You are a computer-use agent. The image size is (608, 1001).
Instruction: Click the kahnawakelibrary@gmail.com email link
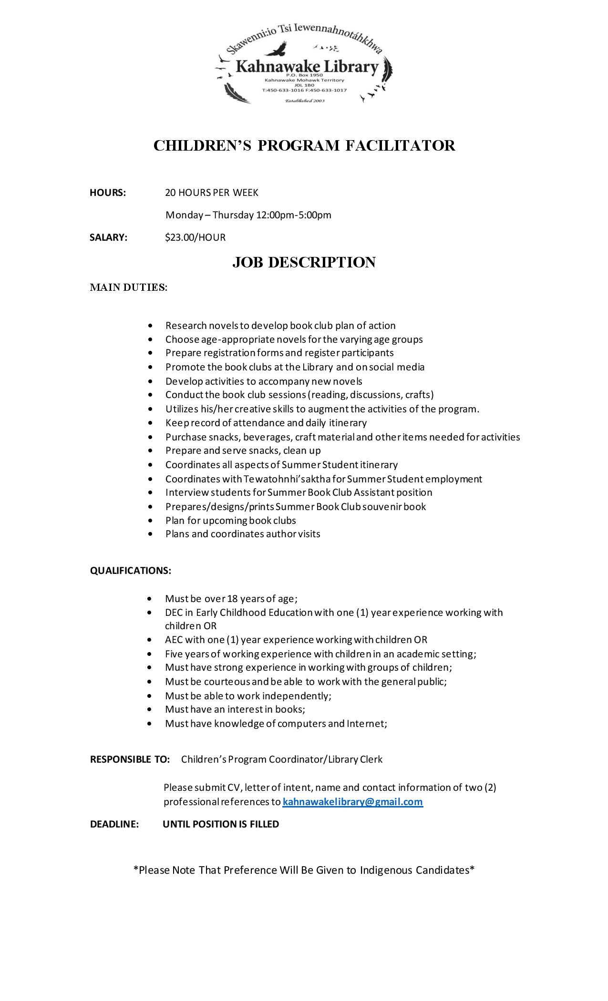pos(352,801)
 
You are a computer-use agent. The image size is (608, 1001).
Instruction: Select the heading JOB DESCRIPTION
pos(304,262)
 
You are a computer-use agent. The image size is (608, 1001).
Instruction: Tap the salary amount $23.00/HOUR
pos(195,237)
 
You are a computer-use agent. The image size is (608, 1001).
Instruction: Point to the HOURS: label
pos(108,192)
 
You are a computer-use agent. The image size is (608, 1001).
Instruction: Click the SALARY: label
pos(109,237)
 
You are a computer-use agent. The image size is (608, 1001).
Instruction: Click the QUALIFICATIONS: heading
pos(131,570)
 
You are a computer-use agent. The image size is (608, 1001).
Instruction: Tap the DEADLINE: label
pos(114,824)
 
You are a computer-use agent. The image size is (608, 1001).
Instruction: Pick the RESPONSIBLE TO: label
pos(130,759)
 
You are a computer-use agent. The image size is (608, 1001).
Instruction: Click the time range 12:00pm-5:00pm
pos(294,214)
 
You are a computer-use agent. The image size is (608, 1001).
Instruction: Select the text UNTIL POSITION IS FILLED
pos(221,824)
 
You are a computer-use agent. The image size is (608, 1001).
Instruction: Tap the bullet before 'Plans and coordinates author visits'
pos(151,534)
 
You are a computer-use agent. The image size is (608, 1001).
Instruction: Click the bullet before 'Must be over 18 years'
pos(151,598)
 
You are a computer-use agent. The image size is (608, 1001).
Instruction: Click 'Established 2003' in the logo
pos(304,101)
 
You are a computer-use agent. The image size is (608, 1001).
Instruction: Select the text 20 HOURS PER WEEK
pos(212,192)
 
